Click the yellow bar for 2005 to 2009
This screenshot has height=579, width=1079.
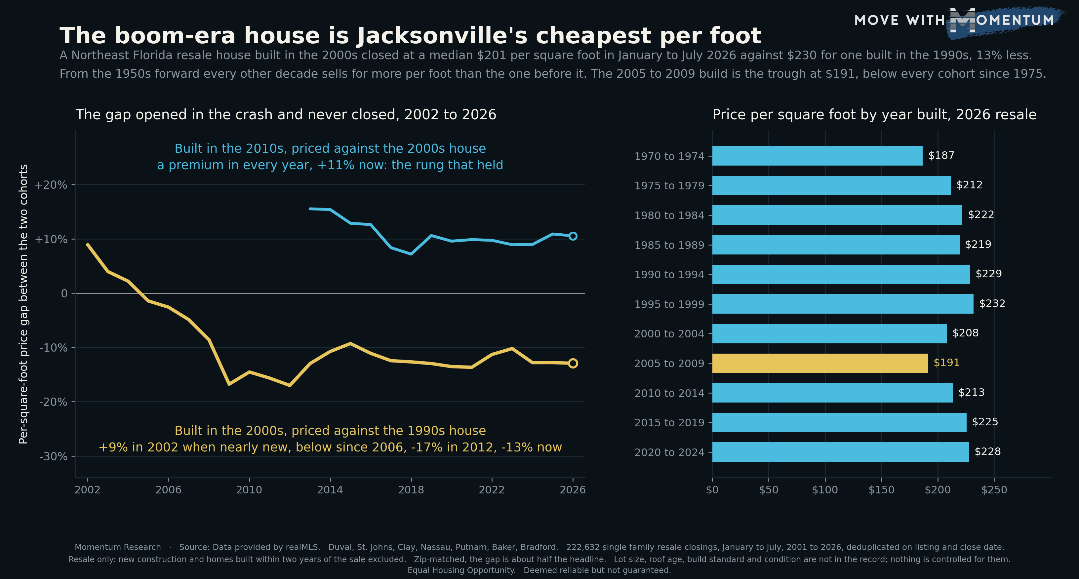coord(820,363)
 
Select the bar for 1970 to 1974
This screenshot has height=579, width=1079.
coord(817,156)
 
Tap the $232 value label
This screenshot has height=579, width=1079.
coord(992,303)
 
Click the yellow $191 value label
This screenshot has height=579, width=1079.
coord(946,363)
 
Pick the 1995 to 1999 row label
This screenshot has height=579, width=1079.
coord(669,304)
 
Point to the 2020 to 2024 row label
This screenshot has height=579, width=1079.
coord(669,452)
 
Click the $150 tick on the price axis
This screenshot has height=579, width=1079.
coord(881,489)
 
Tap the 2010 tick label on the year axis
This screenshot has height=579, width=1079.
coord(249,489)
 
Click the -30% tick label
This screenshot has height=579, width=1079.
coord(53,456)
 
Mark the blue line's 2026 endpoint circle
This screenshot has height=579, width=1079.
coord(573,236)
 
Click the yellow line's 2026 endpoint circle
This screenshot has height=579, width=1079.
coord(573,364)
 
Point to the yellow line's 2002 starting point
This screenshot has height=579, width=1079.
coord(88,245)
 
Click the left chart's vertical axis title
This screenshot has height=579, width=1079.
coord(23,304)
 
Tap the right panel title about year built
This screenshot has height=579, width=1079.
coord(874,114)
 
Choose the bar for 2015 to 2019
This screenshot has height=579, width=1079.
coord(839,422)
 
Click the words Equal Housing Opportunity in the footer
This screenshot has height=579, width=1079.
coord(461,570)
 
